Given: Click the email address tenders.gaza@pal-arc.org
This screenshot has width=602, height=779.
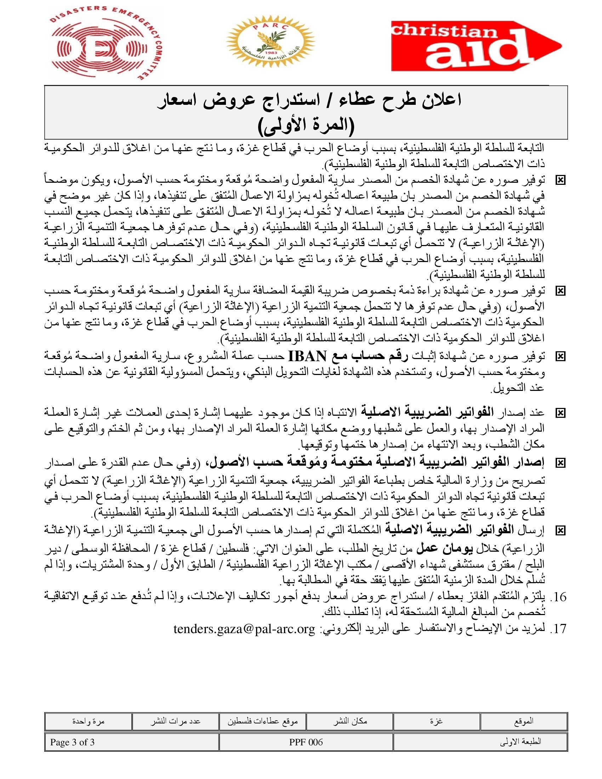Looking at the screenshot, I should [x=244, y=629].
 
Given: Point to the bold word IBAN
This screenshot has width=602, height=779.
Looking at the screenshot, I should [x=307, y=356].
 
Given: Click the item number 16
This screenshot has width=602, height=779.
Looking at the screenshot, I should [x=558, y=597].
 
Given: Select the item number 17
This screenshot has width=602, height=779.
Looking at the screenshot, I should [x=558, y=629].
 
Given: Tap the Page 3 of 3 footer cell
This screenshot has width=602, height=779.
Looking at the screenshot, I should [x=132, y=742].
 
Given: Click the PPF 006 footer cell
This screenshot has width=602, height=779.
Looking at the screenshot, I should [x=306, y=742].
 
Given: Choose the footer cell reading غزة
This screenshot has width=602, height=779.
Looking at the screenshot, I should [x=437, y=722].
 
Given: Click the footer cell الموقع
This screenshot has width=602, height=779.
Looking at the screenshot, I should [x=523, y=722].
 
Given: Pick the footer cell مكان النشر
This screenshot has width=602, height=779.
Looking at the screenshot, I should [x=350, y=722].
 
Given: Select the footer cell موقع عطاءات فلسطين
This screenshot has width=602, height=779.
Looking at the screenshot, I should [x=262, y=722].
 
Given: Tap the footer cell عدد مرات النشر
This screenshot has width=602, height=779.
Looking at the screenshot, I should [x=175, y=722].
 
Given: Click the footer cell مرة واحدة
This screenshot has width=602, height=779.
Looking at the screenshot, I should [x=88, y=722].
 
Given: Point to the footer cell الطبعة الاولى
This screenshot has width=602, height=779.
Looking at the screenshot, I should [x=481, y=742].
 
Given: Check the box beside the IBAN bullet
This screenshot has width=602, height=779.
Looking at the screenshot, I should [x=561, y=356].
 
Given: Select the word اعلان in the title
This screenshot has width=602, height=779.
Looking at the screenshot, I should [x=440, y=100].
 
